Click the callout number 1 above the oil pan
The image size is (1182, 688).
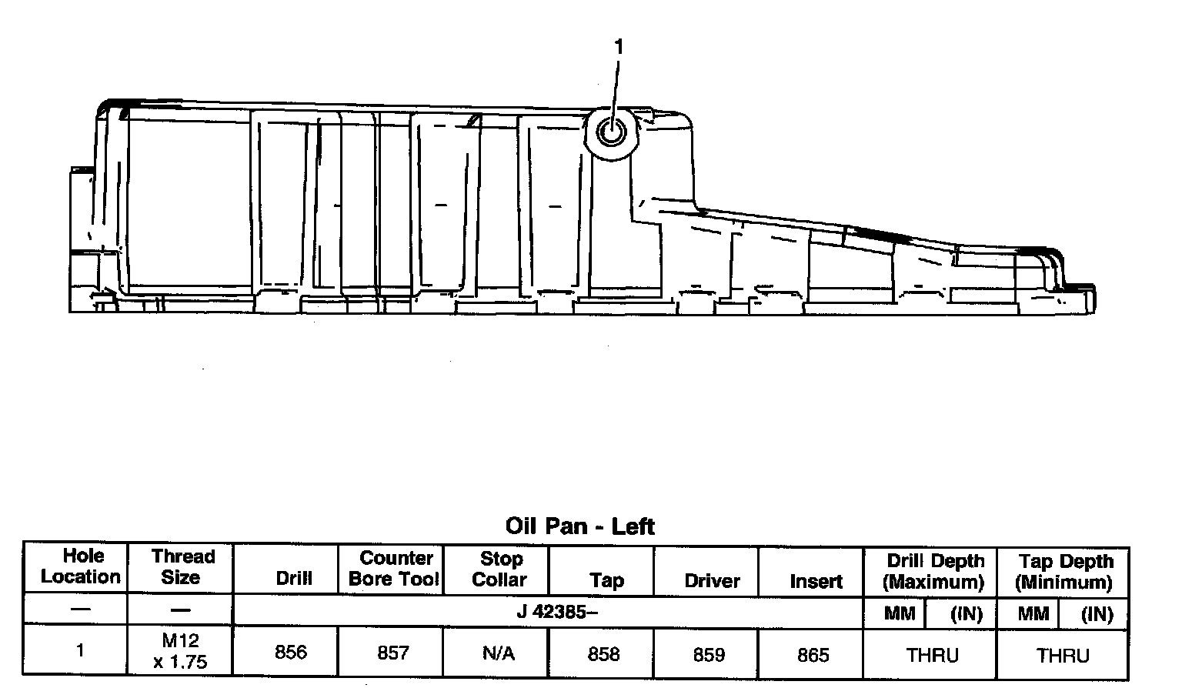point(618,47)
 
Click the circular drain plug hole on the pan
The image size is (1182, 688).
point(612,133)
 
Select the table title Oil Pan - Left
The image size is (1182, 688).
point(579,526)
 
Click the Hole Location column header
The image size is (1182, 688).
point(81,566)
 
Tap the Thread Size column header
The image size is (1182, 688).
point(182,566)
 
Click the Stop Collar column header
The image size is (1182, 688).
point(499,569)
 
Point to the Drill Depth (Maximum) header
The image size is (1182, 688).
point(934,571)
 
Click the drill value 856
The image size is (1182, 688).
point(291,653)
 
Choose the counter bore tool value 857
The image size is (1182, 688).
point(392,653)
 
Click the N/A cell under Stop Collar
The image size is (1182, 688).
point(498,653)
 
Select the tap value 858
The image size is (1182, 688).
point(603,654)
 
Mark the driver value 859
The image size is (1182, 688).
point(709,655)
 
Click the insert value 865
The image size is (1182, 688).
point(813,655)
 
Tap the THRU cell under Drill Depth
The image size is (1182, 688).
point(932,656)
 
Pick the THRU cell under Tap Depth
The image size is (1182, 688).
point(1063,656)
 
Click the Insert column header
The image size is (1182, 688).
point(815,581)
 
